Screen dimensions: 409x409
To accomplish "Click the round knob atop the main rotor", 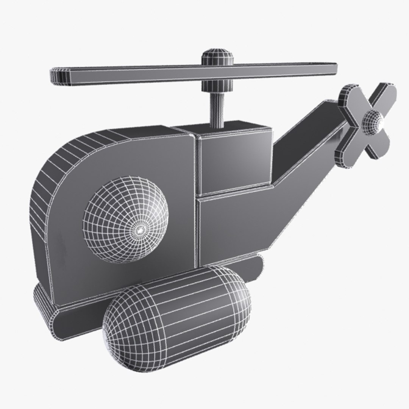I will [x=216, y=57].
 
